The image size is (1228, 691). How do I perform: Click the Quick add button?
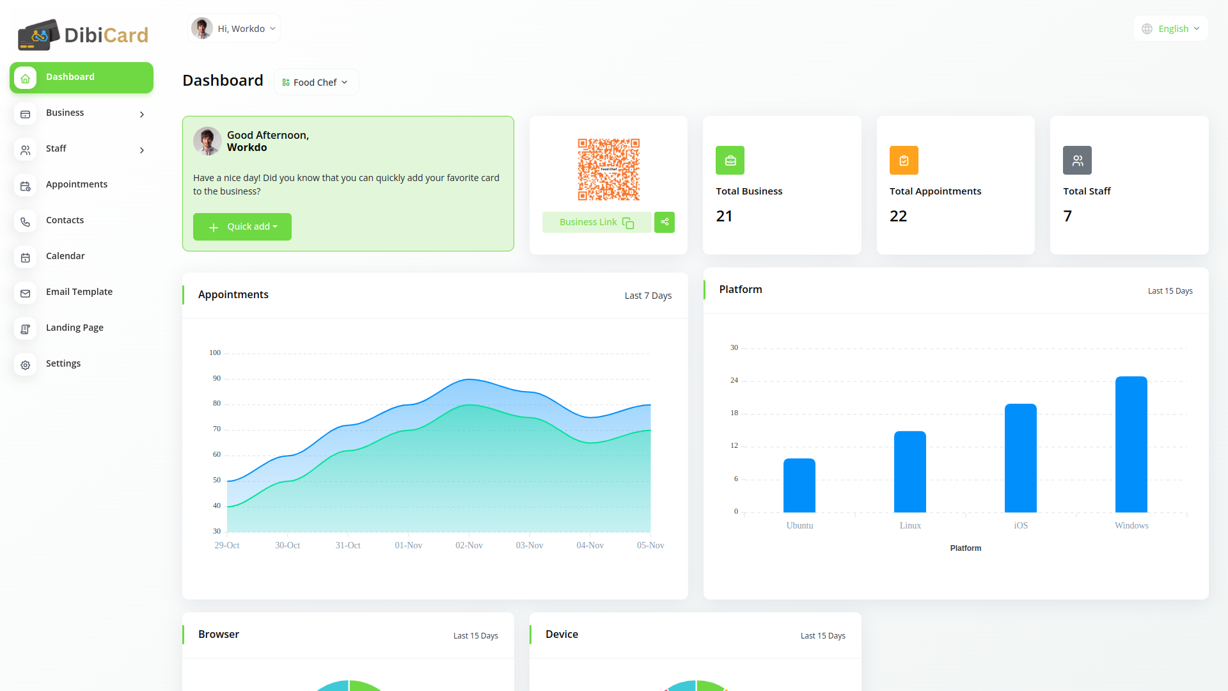point(242,226)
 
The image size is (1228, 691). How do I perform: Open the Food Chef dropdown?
point(316,83)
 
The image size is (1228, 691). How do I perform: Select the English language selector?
point(1171,29)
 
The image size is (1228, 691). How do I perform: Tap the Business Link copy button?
point(596,222)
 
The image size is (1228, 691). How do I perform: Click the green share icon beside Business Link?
point(665,222)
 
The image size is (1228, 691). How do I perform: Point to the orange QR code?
point(608,170)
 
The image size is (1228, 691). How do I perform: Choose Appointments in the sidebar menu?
point(77,184)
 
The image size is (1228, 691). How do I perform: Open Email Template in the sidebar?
point(79,292)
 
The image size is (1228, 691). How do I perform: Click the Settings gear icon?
point(26,365)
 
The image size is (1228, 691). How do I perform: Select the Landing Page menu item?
point(75,328)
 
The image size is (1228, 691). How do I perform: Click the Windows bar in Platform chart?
point(1131,444)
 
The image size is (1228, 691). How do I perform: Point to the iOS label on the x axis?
point(1021,525)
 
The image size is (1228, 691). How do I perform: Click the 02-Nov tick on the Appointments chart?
point(469,545)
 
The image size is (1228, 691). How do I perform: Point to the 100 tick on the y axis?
point(215,353)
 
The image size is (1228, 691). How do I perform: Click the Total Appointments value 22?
point(898,216)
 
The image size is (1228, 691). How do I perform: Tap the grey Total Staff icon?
point(1077,161)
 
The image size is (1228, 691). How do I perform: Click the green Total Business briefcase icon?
point(730,161)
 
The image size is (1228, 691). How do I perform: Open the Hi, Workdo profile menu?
point(234,29)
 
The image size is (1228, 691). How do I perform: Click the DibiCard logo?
point(83,35)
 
